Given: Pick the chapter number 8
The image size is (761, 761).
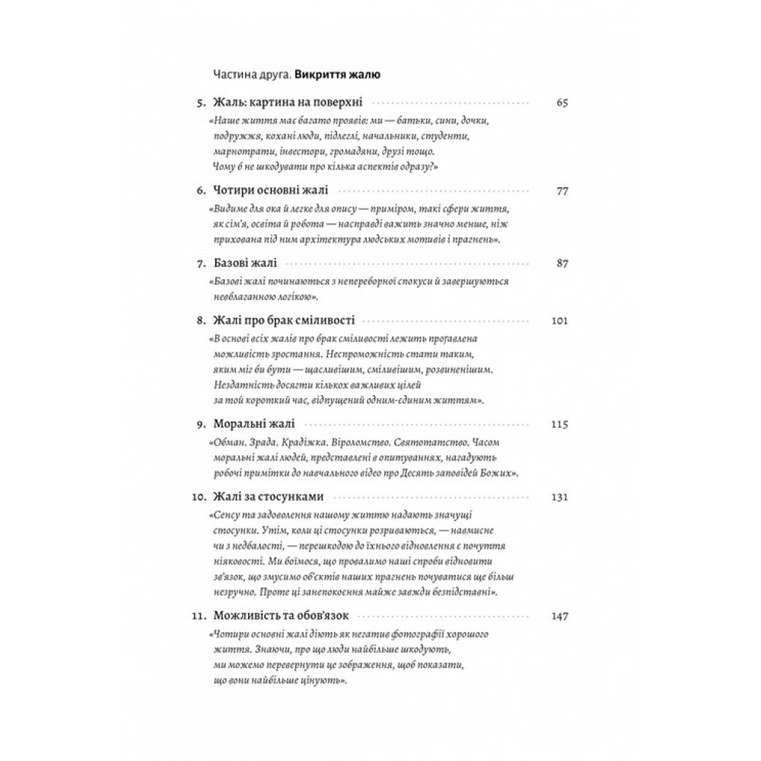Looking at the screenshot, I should click(x=202, y=320).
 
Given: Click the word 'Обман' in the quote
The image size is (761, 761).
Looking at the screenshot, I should click(x=227, y=442).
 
